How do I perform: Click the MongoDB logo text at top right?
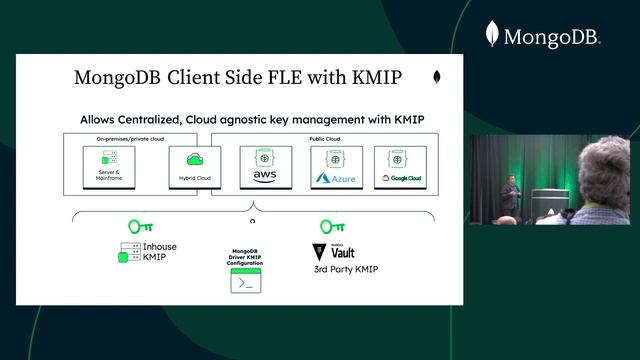tap(551, 38)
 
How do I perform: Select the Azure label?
tap(336, 179)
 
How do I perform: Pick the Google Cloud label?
tap(401, 179)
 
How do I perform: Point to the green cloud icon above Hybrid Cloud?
tap(195, 159)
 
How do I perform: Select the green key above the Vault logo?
tap(332, 227)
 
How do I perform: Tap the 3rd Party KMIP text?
tap(346, 270)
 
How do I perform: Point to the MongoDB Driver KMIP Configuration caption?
tap(246, 259)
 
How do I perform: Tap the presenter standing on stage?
tap(510, 195)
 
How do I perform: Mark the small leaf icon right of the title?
tap(437, 77)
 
